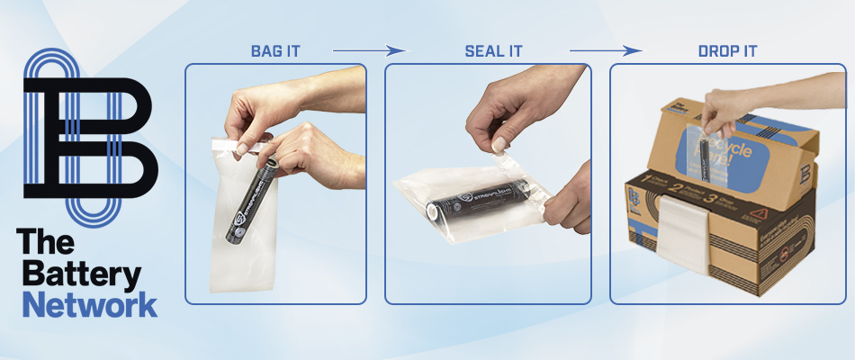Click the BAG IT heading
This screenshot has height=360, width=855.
coord(275,50)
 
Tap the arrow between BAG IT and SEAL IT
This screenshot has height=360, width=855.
coord(369,50)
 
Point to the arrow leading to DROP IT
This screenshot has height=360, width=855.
coord(606,50)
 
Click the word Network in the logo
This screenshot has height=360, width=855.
coord(89,303)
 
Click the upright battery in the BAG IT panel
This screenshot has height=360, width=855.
coord(250,202)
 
